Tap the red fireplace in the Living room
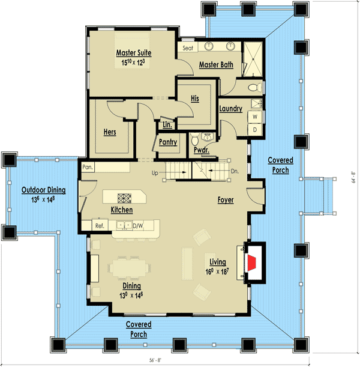tap(253, 262)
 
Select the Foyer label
tap(226, 199)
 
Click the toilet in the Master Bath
tap(254, 88)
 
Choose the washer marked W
tap(254, 117)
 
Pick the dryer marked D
tap(254, 129)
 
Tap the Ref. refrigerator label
tap(100, 225)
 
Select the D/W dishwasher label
tap(138, 225)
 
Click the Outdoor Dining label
tap(44, 190)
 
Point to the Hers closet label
tap(109, 132)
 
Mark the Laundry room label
tap(230, 109)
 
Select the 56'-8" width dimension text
tap(180, 359)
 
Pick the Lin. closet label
tap(167, 125)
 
